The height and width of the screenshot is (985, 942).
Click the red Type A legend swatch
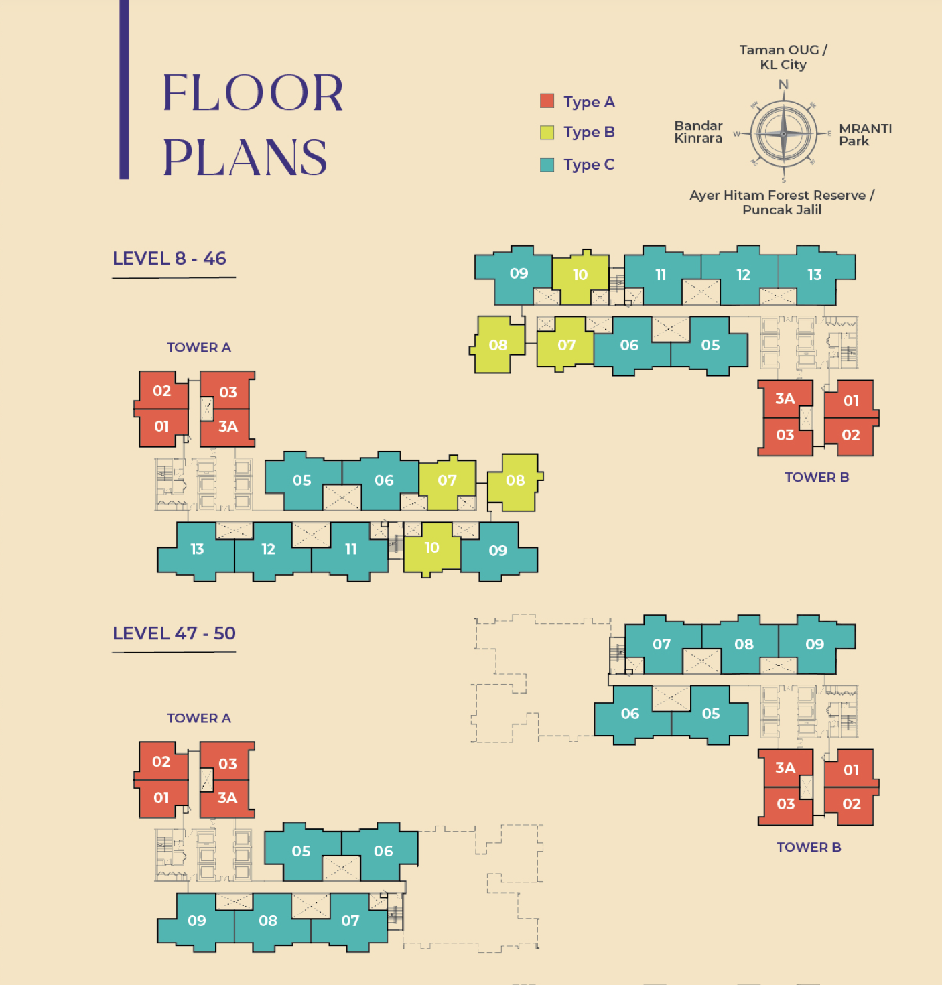[x=547, y=101]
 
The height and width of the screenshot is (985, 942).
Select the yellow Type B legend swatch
[x=547, y=132]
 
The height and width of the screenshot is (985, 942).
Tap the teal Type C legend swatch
[x=547, y=165]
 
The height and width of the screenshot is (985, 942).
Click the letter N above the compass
[x=783, y=84]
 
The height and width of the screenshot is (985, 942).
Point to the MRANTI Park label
[x=865, y=135]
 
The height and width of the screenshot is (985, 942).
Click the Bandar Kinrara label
[x=698, y=131]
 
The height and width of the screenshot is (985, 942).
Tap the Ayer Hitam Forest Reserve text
[x=777, y=196]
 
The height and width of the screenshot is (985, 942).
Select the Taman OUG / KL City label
[x=783, y=57]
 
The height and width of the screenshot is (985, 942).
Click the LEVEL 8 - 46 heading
[x=169, y=258]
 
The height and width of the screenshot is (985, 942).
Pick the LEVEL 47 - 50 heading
[x=174, y=633]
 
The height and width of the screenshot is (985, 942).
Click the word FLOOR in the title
[x=253, y=92]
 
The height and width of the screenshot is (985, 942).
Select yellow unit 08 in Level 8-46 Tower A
[x=515, y=482]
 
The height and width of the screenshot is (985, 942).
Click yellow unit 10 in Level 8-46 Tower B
[x=580, y=277]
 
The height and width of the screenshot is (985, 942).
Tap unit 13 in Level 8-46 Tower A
[x=196, y=551]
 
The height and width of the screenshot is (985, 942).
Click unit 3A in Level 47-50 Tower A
[x=226, y=798]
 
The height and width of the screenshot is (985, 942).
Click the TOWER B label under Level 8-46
[x=817, y=477]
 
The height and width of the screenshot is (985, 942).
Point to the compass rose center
[x=783, y=134]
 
